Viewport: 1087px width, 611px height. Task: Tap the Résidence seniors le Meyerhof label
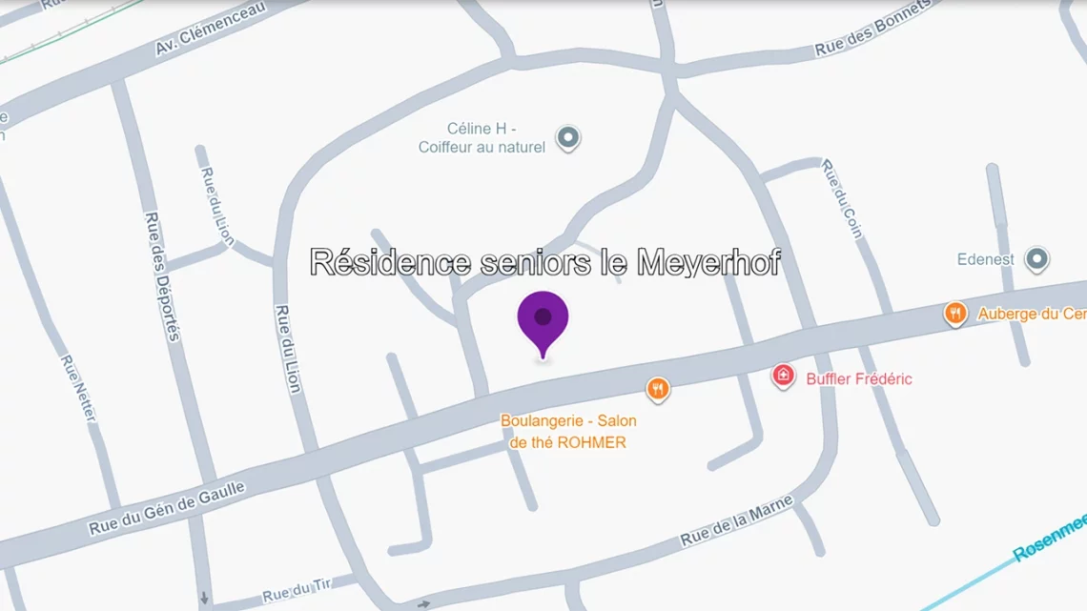[545, 262]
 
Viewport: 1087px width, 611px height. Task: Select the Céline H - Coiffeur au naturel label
[482, 138]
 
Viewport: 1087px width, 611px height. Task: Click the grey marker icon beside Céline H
[568, 138]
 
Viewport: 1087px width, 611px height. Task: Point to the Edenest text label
[986, 259]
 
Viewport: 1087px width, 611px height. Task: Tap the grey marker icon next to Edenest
[1036, 258]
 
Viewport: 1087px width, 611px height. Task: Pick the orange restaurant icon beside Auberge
[955, 313]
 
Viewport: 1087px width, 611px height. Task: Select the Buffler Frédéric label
[858, 378]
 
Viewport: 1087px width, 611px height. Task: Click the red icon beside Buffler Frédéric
[783, 377]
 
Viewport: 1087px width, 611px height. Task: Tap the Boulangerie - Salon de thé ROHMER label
[568, 431]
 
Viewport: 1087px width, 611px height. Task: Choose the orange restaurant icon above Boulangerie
[657, 388]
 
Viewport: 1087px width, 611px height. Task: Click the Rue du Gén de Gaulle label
[167, 508]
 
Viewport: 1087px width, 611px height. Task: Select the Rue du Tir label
[289, 592]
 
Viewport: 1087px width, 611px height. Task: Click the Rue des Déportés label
[162, 275]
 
